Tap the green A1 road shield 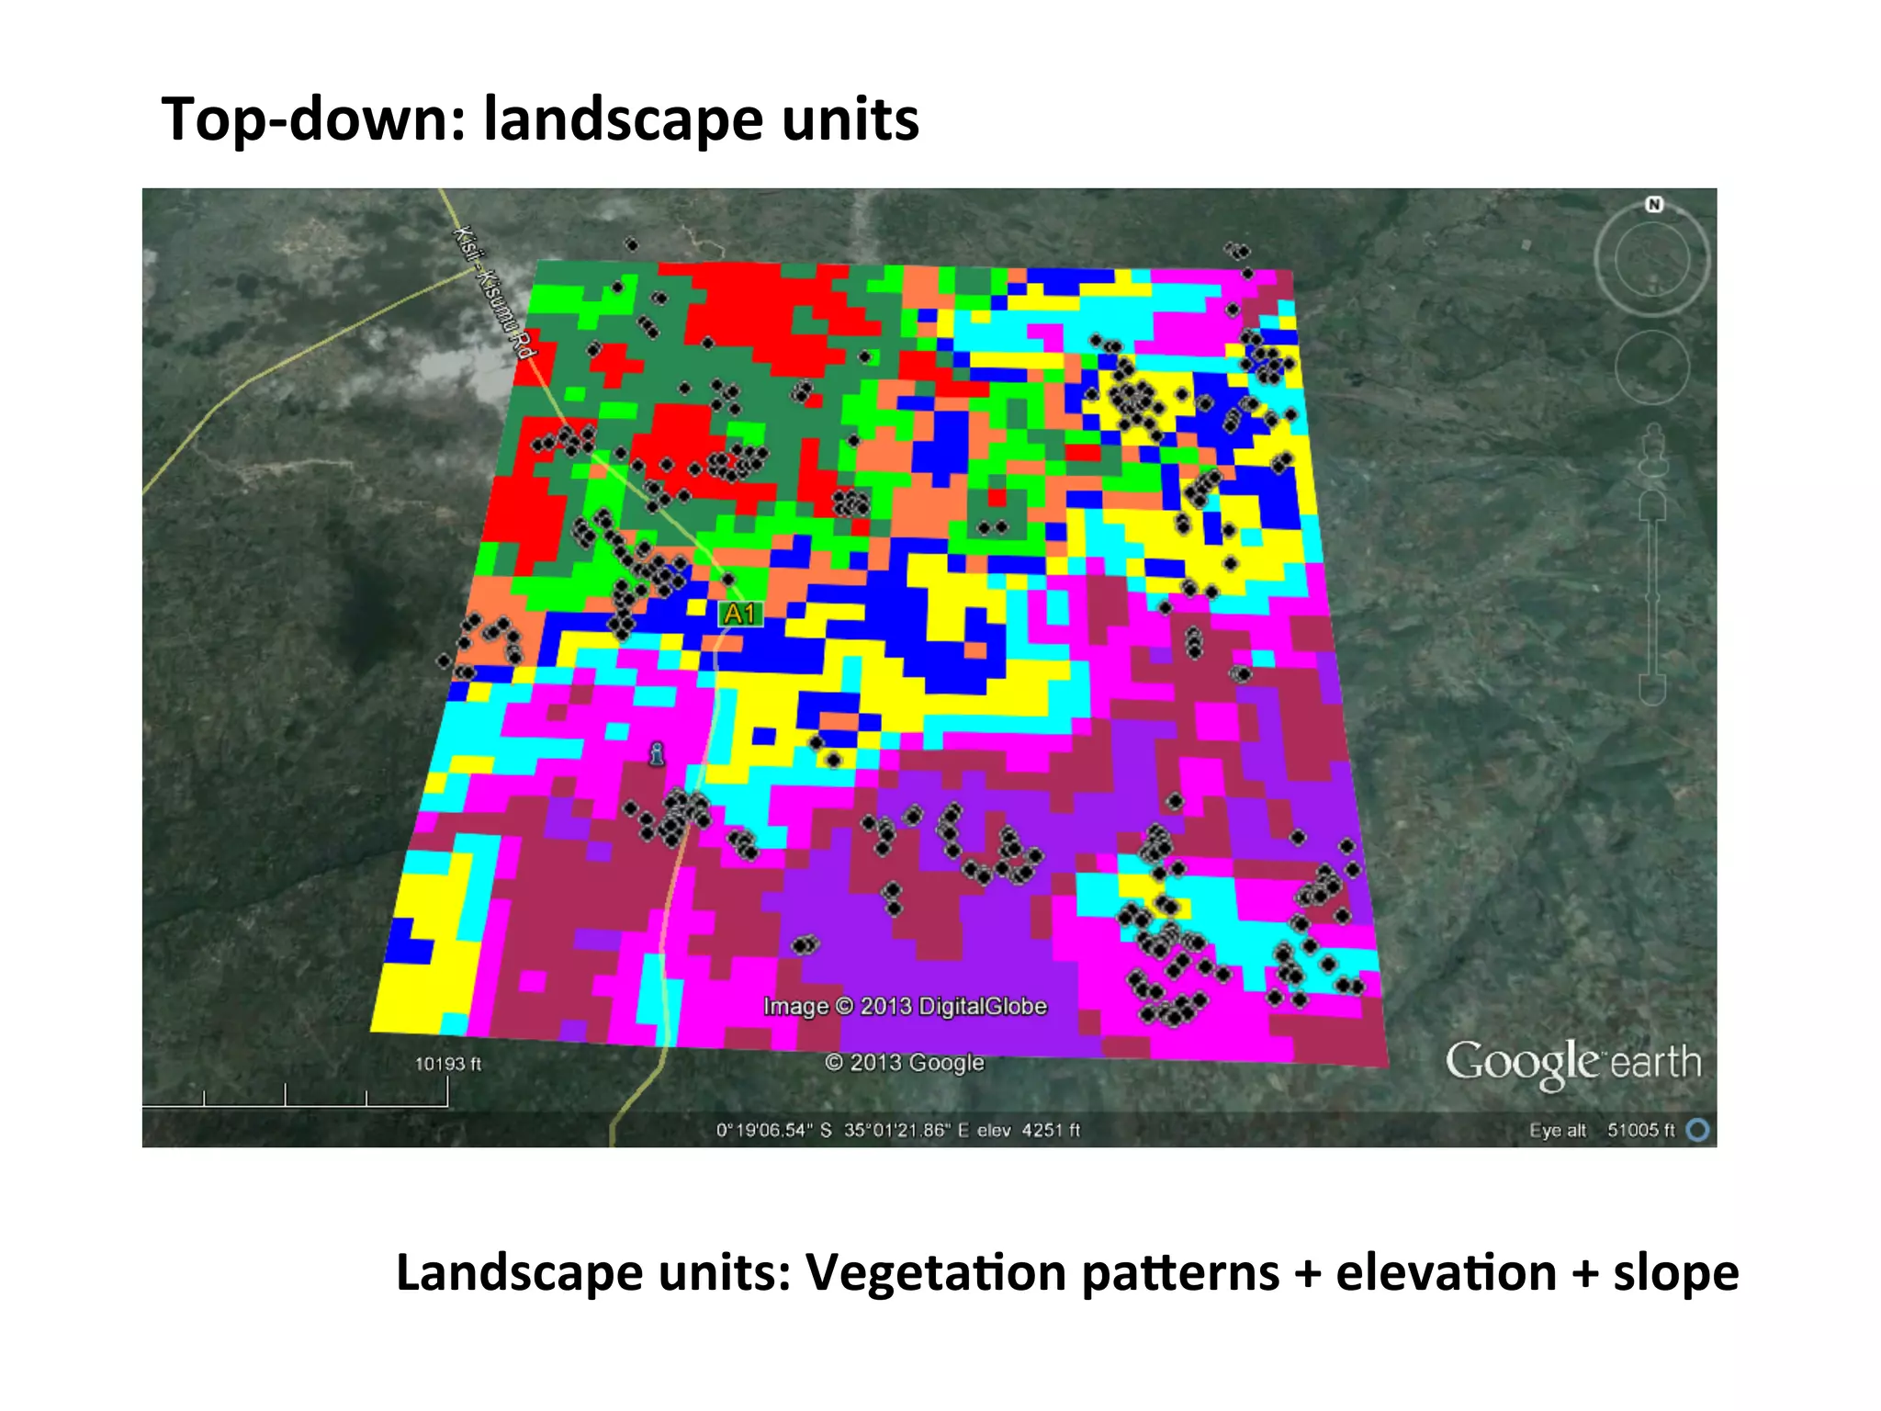[739, 614]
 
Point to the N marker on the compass [1654, 204]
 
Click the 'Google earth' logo [1572, 1063]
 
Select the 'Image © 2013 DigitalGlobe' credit [905, 1006]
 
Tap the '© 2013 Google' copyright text [905, 1063]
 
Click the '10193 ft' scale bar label [447, 1064]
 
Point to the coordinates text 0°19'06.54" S [773, 1130]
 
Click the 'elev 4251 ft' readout [1029, 1130]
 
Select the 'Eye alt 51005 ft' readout [1602, 1130]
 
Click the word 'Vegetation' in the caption [936, 1273]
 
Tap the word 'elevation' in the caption [1446, 1273]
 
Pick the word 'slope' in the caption [1675, 1273]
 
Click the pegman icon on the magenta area [656, 754]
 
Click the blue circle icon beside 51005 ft [1698, 1130]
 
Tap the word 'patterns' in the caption [1180, 1273]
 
